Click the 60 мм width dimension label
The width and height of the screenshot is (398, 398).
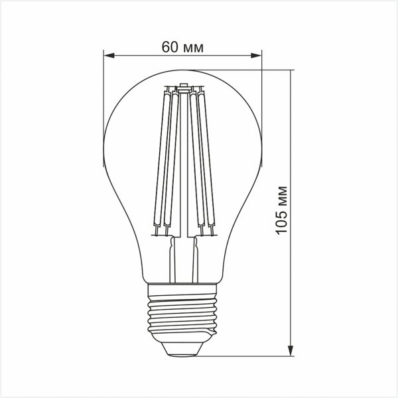click(x=182, y=47)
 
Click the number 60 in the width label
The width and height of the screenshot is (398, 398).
click(x=169, y=47)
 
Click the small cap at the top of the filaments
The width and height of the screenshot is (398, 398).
click(x=184, y=86)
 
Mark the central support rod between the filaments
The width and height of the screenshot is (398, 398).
click(x=184, y=166)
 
